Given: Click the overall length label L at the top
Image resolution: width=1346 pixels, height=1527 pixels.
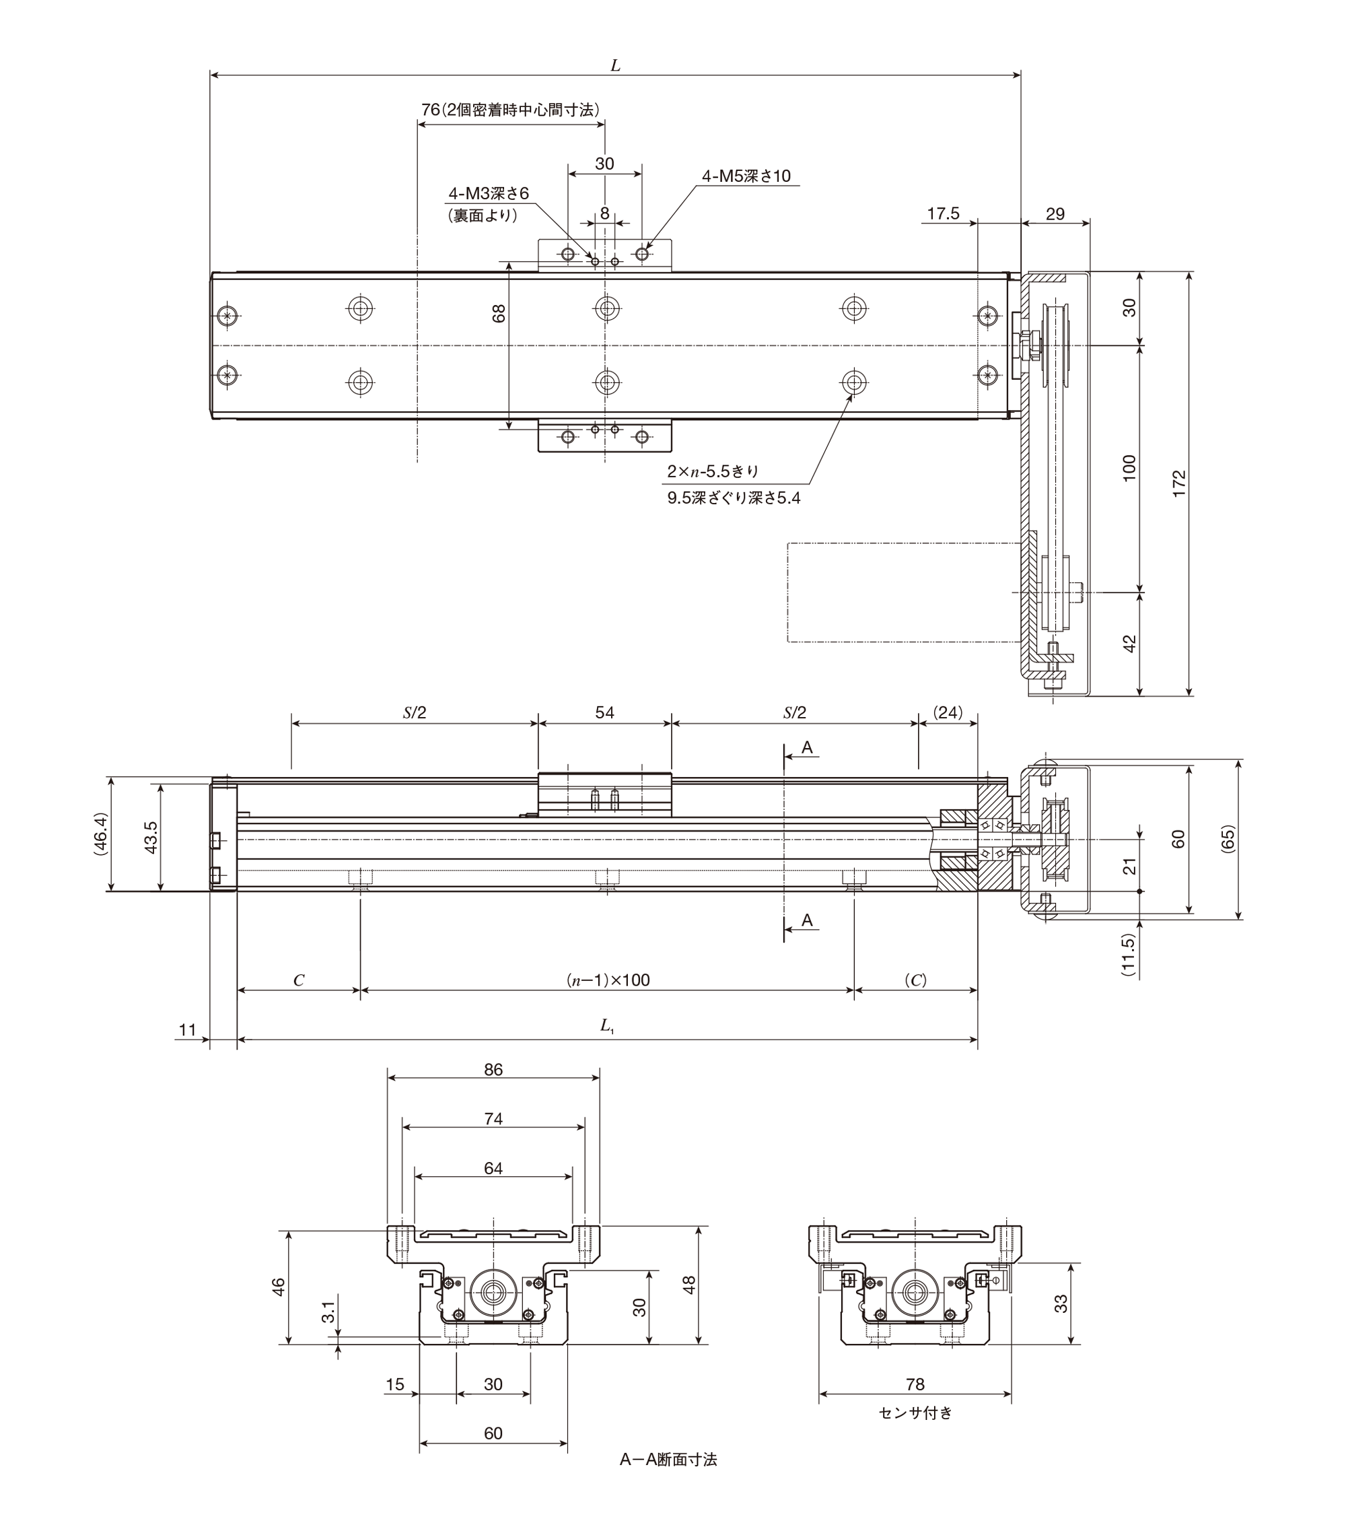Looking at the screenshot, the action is tap(616, 66).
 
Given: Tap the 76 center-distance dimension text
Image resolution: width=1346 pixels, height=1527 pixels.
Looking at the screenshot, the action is tap(510, 110).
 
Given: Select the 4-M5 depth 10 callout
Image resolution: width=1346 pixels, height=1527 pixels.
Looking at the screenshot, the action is tap(746, 176).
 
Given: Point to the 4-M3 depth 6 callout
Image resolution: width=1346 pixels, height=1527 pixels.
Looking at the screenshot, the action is tap(489, 193).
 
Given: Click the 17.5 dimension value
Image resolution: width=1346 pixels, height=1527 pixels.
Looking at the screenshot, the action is tap(944, 214).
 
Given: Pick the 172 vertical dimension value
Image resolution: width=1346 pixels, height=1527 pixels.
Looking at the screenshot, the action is tap(1178, 483).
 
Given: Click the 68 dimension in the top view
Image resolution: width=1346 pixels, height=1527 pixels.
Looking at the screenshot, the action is tap(499, 313).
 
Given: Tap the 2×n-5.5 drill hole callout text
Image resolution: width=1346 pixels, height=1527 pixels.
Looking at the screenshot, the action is tap(713, 471).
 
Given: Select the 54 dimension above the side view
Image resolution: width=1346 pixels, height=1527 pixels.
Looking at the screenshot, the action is tap(604, 713).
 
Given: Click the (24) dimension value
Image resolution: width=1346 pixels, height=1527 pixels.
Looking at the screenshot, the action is tap(949, 713).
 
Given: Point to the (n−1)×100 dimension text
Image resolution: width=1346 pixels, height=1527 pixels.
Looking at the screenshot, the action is tap(607, 980).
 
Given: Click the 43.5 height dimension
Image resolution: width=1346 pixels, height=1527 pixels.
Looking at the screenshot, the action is tap(151, 838).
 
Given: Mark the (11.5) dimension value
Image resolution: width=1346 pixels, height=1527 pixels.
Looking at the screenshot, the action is tap(1129, 955).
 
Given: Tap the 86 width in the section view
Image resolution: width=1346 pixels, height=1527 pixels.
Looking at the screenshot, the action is tap(493, 1070).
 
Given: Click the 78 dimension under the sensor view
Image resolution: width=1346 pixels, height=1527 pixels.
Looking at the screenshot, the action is tap(915, 1384).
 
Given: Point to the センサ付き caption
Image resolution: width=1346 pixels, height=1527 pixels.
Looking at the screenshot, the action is tap(916, 1413).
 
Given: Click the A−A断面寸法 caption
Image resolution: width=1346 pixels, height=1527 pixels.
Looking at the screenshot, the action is tap(668, 1459).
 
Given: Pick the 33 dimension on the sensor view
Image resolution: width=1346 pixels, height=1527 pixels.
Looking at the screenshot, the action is tap(1061, 1303).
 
